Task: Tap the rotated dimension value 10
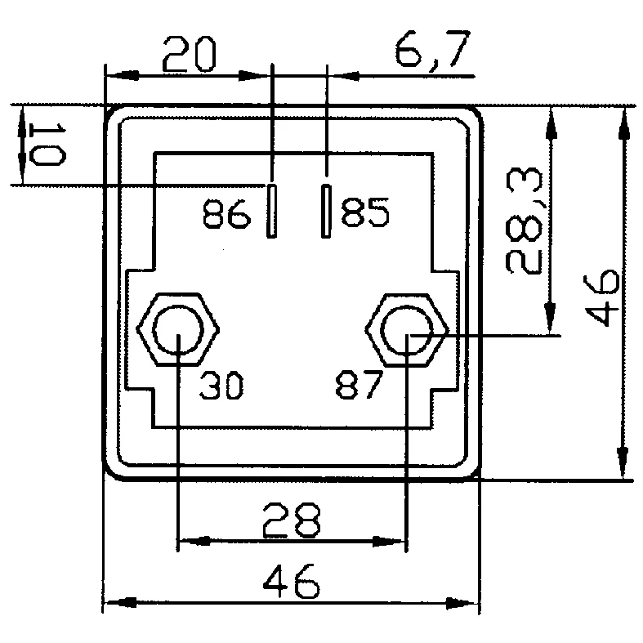(x=47, y=145)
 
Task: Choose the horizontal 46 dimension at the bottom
(x=291, y=584)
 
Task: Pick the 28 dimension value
(x=291, y=520)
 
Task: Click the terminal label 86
(x=226, y=216)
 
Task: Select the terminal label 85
(x=365, y=214)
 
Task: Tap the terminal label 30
(x=221, y=386)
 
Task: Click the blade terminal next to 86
(x=270, y=210)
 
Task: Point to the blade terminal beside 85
(x=326, y=212)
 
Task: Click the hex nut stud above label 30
(x=179, y=332)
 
